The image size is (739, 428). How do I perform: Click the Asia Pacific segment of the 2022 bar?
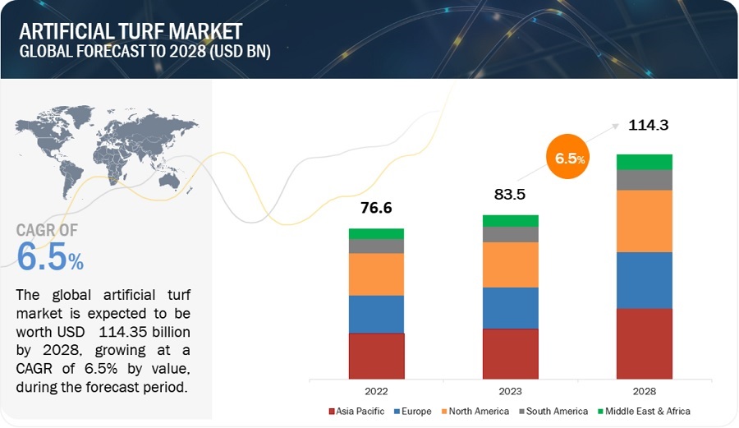[376, 356]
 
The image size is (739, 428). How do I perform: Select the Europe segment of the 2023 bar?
[510, 308]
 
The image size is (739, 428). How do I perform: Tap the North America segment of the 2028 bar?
[645, 221]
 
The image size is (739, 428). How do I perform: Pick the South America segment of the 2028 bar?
[645, 180]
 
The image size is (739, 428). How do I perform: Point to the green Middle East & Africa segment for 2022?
[376, 233]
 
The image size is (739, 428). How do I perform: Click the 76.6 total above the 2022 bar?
[376, 208]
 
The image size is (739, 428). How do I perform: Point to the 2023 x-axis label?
[510, 392]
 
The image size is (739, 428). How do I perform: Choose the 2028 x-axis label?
[645, 392]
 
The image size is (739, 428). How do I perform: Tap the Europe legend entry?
[413, 411]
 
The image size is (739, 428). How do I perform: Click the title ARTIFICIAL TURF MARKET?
[131, 31]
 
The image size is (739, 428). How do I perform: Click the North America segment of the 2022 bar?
[376, 274]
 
